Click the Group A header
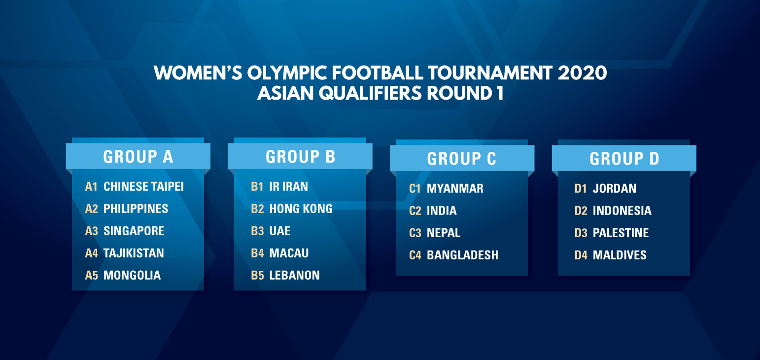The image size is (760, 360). (x=138, y=156)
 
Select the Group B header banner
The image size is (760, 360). (x=300, y=156)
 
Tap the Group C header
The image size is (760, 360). (x=462, y=158)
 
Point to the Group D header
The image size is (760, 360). (x=624, y=158)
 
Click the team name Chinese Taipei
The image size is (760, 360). (x=143, y=186)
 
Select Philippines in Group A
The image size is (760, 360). (x=136, y=209)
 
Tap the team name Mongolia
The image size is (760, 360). (x=132, y=275)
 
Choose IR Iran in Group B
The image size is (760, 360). (x=289, y=186)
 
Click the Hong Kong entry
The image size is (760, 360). (x=301, y=209)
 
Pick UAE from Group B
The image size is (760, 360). (x=280, y=231)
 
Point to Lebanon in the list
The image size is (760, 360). (x=295, y=275)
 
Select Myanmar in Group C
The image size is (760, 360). (x=455, y=188)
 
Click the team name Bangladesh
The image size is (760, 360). (x=462, y=255)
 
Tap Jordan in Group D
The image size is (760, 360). (x=615, y=188)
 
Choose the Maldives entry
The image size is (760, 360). (x=620, y=255)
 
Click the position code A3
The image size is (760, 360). (x=91, y=231)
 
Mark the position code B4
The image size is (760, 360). (x=257, y=253)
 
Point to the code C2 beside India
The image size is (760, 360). (x=415, y=211)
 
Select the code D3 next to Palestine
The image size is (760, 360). (x=581, y=233)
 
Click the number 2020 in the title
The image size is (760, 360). (x=582, y=72)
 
